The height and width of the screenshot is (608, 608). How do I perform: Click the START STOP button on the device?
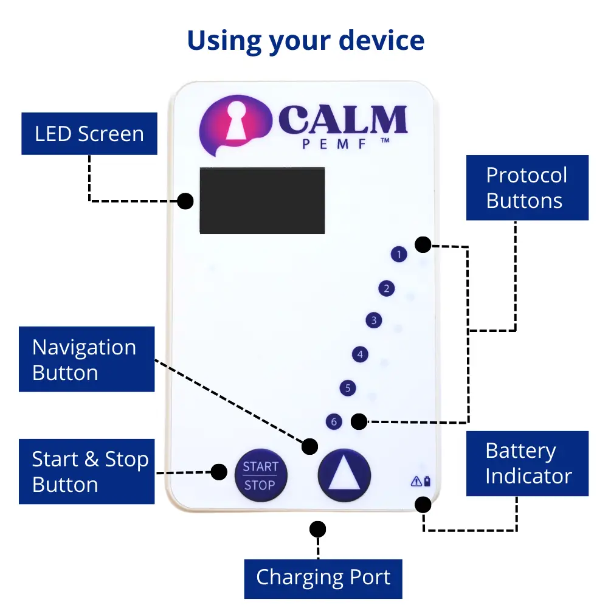click(x=260, y=475)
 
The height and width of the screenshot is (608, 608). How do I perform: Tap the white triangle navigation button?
click(x=344, y=475)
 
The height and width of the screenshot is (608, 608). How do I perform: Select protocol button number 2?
click(x=386, y=288)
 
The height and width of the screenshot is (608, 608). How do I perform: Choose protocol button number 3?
click(x=374, y=320)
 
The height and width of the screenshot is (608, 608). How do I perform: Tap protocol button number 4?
click(x=361, y=354)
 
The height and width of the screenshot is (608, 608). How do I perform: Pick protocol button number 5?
click(x=347, y=388)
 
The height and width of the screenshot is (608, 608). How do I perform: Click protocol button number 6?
click(x=333, y=421)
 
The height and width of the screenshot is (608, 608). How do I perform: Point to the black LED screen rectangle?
click(x=262, y=200)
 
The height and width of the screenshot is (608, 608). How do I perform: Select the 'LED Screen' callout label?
click(x=89, y=134)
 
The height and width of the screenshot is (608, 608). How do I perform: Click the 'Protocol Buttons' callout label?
click(x=527, y=187)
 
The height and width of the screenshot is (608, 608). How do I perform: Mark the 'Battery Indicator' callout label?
click(x=527, y=463)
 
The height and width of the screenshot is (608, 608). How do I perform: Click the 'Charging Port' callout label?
click(x=323, y=578)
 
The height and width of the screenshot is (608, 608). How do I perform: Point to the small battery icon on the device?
click(x=427, y=482)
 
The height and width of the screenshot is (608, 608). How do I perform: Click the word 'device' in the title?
click(x=381, y=41)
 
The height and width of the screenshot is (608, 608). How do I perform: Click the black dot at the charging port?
click(x=317, y=529)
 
